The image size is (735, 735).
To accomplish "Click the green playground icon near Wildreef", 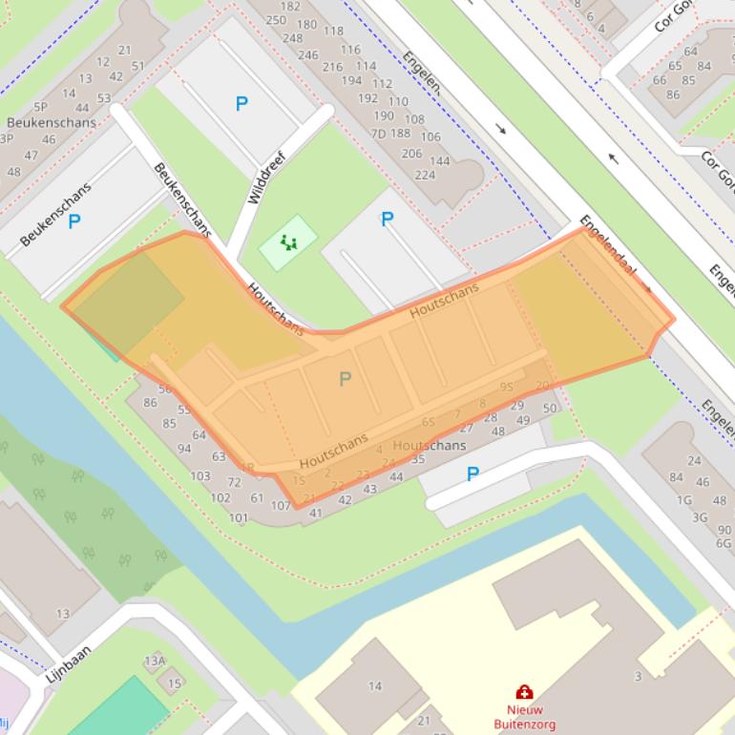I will click(288, 242).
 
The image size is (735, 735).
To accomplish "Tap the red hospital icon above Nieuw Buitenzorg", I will click(523, 692).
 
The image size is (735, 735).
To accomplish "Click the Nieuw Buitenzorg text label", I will click(524, 717).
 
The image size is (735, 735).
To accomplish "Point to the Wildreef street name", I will click(266, 177).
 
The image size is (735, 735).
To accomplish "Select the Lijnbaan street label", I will click(68, 662).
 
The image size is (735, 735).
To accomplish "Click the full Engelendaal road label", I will click(607, 244).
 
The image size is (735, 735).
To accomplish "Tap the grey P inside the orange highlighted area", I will click(345, 379).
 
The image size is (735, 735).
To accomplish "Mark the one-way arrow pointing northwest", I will click(613, 158).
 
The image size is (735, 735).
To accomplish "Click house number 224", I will click(425, 175).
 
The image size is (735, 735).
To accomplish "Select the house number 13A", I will click(155, 661).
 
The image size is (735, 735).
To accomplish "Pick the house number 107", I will click(281, 506).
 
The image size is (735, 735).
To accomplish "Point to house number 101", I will click(239, 518).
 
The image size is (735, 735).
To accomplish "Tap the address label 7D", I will click(378, 134).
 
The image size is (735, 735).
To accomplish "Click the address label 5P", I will click(40, 108).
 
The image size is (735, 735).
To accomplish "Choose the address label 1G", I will click(684, 500).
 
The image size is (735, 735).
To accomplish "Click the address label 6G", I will click(724, 543).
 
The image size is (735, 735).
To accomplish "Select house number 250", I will click(276, 20).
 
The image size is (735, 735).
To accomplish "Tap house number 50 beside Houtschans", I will click(549, 409).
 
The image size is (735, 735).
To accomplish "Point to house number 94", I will click(184, 449).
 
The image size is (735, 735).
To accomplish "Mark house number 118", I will click(333, 31).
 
